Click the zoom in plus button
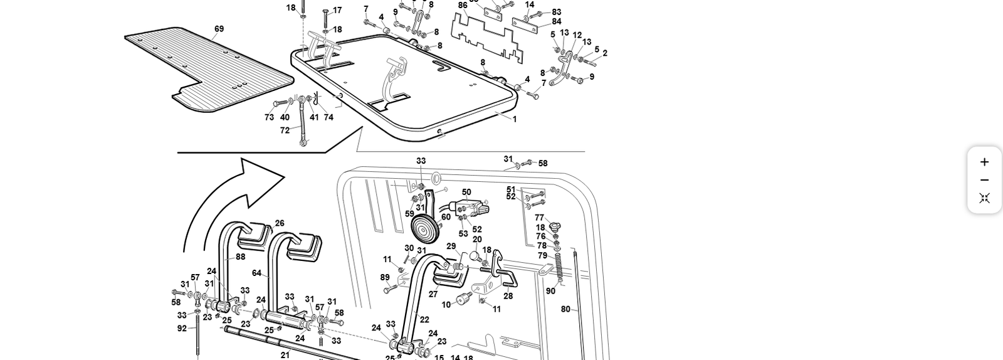[984, 162]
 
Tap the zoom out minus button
[984, 181]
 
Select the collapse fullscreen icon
[984, 198]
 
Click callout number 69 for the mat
[219, 29]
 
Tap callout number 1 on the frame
[515, 119]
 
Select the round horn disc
[423, 229]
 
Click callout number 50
[466, 193]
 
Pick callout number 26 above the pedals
[280, 223]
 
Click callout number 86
[463, 6]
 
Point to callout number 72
[285, 130]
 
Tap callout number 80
[565, 309]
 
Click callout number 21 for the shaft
[285, 355]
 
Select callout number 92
[182, 328]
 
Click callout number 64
[256, 273]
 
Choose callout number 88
[241, 257]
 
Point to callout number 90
[550, 291]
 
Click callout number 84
[557, 22]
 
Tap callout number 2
[605, 53]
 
